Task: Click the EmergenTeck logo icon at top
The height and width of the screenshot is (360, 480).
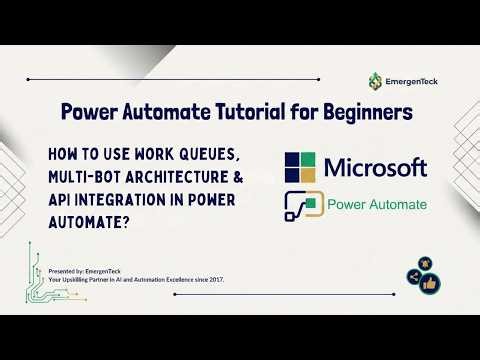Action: click(375, 80)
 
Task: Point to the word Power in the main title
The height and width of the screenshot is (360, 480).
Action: click(87, 113)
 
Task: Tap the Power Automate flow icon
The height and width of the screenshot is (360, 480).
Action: click(302, 205)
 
